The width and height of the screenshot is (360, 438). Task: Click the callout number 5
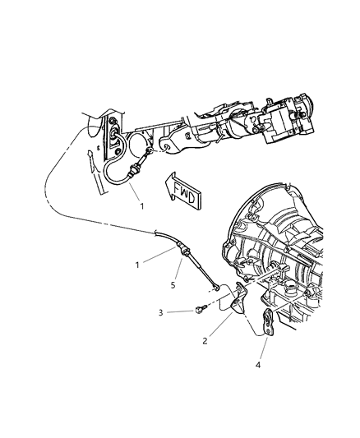[x=173, y=285]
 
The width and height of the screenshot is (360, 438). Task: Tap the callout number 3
[x=160, y=312]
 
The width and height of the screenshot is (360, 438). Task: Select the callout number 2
[x=205, y=341]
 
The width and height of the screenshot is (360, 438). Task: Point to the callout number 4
[x=258, y=365]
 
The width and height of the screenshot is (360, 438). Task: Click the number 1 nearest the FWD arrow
[x=142, y=206]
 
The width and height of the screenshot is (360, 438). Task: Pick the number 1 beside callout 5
[x=137, y=265]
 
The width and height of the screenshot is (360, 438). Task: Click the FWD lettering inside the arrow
[x=184, y=192]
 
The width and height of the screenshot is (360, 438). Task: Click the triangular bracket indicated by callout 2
[x=239, y=300]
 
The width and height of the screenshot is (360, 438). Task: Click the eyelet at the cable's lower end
[x=216, y=286]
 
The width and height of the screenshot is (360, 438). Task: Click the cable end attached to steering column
[x=150, y=151]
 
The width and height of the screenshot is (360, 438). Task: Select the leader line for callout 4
[x=263, y=348]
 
